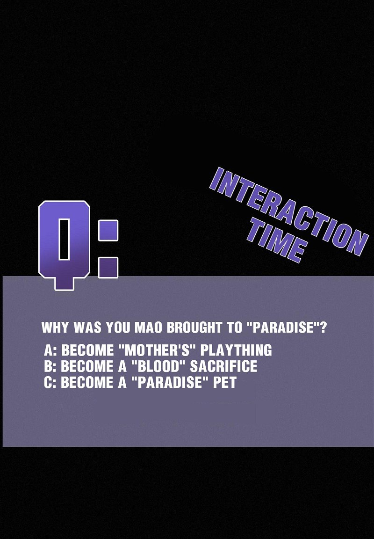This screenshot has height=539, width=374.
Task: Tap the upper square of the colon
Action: point(108,230)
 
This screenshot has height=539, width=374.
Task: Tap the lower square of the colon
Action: point(108,268)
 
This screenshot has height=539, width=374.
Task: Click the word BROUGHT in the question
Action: point(194,328)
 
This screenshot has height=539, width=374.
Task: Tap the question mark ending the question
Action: point(323,328)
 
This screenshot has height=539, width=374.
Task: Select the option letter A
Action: point(48,350)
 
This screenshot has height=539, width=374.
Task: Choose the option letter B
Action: point(48,366)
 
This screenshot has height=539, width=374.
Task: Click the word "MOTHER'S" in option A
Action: point(157,350)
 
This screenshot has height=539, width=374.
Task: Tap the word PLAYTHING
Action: point(236,350)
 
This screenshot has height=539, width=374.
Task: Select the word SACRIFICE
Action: point(223,366)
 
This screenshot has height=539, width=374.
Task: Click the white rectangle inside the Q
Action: point(64,239)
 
